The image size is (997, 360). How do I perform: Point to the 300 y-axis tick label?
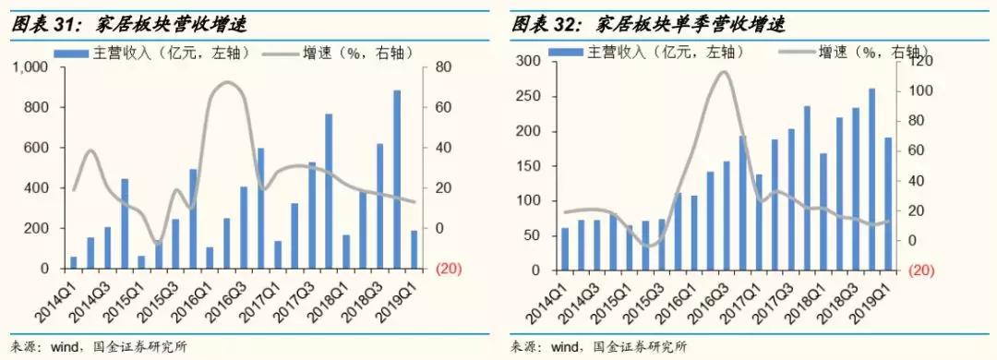[x=528, y=62]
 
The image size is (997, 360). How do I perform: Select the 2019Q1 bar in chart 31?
[x=414, y=249]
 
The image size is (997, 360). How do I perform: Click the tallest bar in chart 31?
[x=397, y=179]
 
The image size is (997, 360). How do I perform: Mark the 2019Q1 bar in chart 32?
[x=889, y=204]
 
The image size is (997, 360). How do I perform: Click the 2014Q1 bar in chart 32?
[x=565, y=249]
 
